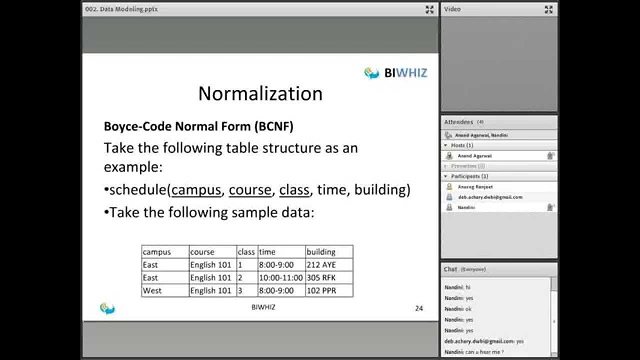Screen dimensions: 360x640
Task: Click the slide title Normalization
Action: coord(260,93)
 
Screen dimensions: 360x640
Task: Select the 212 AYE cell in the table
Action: coord(321,265)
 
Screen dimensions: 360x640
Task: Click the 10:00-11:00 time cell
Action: coord(280,278)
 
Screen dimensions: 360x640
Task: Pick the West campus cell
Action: coord(152,291)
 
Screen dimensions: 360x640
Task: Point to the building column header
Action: coord(321,252)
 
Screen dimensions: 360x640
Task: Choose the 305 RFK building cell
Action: coord(321,278)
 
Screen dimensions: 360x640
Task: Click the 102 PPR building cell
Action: coord(321,291)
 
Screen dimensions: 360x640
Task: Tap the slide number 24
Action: coord(419,308)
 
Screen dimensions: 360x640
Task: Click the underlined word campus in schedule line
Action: coord(196,190)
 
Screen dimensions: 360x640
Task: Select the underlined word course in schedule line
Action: coord(250,190)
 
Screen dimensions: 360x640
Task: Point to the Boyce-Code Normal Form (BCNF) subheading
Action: coord(198,126)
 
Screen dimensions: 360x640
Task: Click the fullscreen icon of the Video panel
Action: coord(548,9)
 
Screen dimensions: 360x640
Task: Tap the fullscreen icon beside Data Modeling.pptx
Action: coord(429,9)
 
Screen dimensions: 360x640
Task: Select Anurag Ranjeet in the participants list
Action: coord(475,187)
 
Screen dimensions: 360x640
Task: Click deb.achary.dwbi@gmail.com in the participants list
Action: coord(490,197)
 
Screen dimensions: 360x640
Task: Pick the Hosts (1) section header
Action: coord(462,145)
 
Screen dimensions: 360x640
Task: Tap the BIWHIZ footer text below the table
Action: coord(263,307)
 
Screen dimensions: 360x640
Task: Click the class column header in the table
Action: coord(246,252)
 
